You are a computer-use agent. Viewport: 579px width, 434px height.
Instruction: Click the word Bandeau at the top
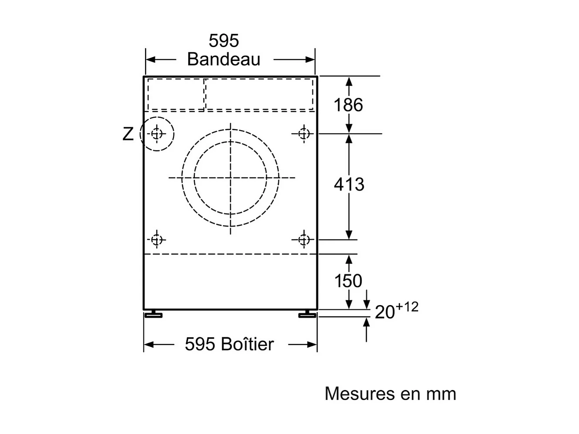point(223,59)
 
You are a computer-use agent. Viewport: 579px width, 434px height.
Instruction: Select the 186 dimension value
point(348,105)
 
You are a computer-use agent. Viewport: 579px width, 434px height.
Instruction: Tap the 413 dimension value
point(349,184)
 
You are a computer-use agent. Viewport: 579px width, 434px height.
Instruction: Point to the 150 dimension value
point(348,281)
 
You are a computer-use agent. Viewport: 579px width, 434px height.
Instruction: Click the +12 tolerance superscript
point(407,307)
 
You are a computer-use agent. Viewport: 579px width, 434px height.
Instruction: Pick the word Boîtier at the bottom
point(247,344)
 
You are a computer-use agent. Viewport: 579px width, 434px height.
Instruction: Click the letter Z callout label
point(128,134)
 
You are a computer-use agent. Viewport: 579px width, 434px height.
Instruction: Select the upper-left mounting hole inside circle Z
point(157,134)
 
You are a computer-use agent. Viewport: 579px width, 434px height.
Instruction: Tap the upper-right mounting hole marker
point(304,133)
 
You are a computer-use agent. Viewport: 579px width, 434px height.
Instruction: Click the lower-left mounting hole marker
point(157,240)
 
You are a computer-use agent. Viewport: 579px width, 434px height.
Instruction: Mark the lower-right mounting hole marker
point(304,240)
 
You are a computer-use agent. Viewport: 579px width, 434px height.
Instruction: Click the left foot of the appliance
point(154,314)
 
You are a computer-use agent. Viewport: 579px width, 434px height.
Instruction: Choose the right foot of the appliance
point(307,314)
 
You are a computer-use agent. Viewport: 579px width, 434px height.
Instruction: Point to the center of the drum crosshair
point(230,178)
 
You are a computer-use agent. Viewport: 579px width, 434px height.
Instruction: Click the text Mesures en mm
point(390,393)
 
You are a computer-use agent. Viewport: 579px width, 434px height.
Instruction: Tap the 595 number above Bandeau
point(223,41)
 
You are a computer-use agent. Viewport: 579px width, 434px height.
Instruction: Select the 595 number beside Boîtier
point(200,344)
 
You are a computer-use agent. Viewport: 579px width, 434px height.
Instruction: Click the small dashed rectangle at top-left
point(176,95)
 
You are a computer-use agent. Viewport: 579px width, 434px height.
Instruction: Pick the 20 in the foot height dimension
point(385,312)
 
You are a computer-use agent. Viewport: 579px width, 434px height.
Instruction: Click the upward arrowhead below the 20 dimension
point(366,323)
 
